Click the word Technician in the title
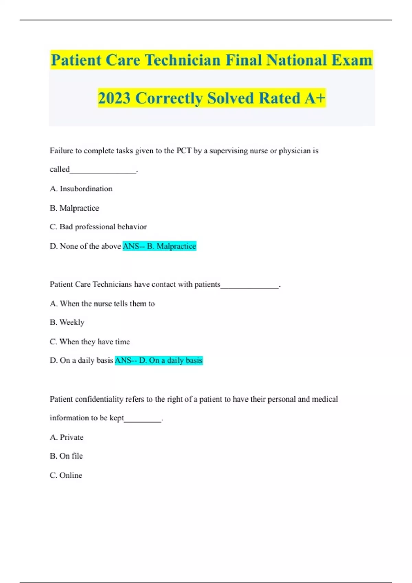tap(182, 60)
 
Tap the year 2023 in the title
tap(114, 98)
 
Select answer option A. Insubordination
tap(81, 189)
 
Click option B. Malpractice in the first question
tap(75, 208)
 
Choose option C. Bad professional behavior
tap(98, 227)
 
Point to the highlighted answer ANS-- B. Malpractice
tap(159, 246)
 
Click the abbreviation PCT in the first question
tap(184, 151)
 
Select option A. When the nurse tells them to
tap(102, 304)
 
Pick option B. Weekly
tap(67, 322)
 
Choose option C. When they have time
tap(90, 342)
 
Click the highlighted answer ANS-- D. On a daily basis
tap(159, 360)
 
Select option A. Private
tap(67, 437)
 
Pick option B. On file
tap(66, 456)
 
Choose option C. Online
tap(66, 475)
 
